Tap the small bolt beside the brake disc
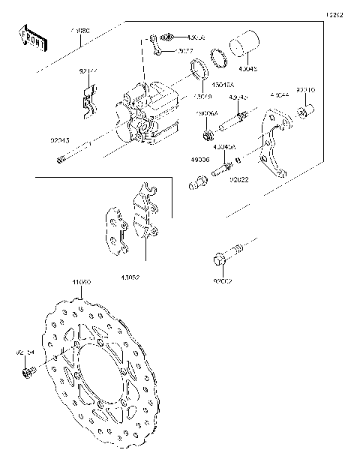[28, 372]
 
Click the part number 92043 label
[61, 139]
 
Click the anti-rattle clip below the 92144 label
[88, 101]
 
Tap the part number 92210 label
[305, 90]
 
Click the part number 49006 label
[201, 160]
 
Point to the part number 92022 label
[239, 180]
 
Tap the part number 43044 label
[279, 96]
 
